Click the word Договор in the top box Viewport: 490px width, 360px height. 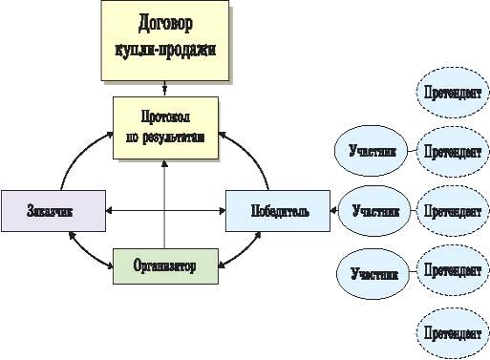coord(165,24)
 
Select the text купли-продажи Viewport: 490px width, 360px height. coord(165,50)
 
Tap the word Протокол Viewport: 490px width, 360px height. coord(165,116)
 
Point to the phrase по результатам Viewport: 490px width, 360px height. coord(165,138)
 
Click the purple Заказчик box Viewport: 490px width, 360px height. coord(53,211)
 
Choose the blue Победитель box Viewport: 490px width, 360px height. coord(278,211)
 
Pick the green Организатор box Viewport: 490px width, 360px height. coord(165,266)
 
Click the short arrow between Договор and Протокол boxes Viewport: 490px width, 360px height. coord(164,88)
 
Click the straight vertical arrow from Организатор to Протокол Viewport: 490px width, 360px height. coord(164,204)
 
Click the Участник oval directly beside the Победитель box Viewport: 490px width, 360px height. coord(374,211)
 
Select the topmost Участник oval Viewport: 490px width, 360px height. coord(371,151)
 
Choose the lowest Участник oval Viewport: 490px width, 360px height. coord(373,274)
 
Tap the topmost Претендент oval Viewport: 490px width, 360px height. coord(453,93)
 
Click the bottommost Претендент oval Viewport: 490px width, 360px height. coord(453,333)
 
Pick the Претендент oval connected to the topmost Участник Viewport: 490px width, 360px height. coord(453,152)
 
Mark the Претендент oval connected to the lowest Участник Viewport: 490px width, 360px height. coord(453,270)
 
